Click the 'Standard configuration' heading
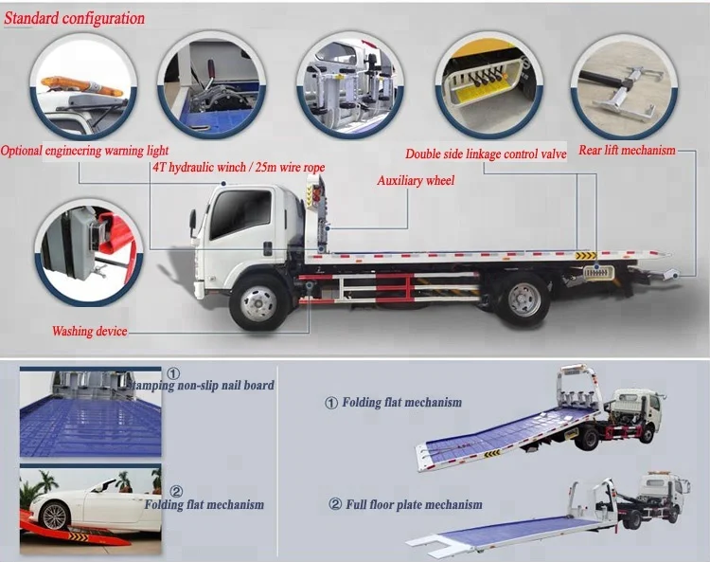(77, 18)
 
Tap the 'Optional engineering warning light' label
(85, 150)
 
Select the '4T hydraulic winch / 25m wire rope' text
(238, 168)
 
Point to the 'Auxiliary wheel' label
(416, 180)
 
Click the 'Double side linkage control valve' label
(486, 154)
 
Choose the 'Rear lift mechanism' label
(629, 150)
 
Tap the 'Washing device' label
(89, 332)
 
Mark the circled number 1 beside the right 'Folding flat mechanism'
(330, 403)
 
